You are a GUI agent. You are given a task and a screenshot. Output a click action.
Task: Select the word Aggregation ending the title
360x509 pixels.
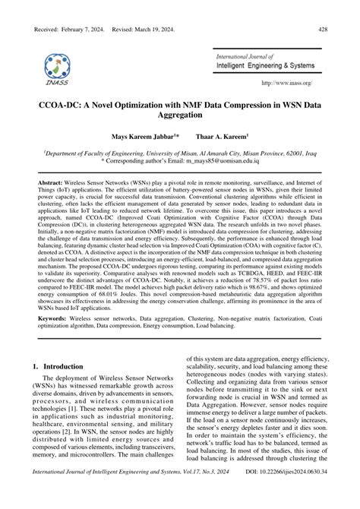point(179,115)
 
